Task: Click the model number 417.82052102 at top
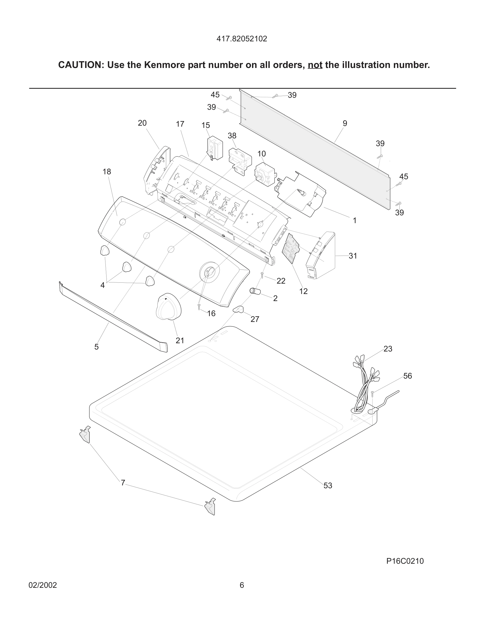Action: (242, 39)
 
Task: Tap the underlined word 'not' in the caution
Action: (315, 65)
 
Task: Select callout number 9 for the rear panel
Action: (345, 124)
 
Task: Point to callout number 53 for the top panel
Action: (328, 486)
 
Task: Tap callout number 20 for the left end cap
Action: (142, 123)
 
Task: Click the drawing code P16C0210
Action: (405, 561)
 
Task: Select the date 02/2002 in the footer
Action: (43, 585)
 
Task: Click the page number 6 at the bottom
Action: (242, 585)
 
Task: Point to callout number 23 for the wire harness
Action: (388, 349)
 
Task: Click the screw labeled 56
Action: (372, 394)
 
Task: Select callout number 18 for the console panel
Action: (107, 172)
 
